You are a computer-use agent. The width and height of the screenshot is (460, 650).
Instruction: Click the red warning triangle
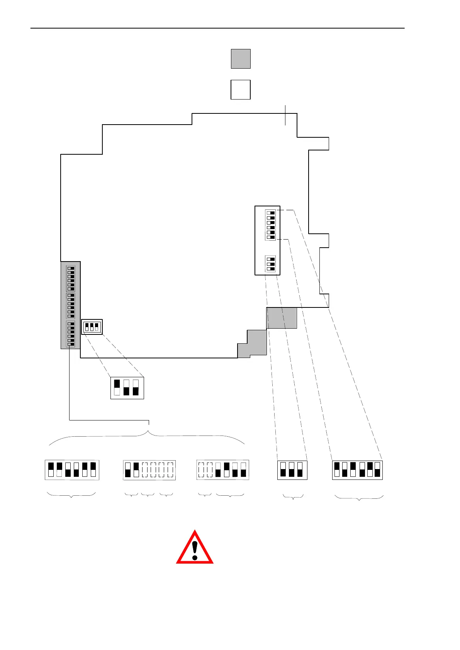tap(195, 548)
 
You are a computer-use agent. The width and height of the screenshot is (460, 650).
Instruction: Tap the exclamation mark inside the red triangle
tap(195, 550)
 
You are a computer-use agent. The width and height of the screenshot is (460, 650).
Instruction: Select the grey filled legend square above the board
tap(241, 59)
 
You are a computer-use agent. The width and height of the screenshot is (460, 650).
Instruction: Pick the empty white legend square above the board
tap(241, 89)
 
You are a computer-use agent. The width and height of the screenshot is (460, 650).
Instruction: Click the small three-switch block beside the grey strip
tap(92, 327)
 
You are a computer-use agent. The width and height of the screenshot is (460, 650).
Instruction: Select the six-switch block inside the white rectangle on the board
tap(270, 225)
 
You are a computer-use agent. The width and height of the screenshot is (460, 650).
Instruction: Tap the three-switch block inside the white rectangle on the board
tap(270, 264)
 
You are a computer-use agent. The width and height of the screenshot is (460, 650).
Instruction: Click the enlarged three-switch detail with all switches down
tap(292, 470)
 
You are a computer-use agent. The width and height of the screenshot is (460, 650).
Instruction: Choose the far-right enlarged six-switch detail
tap(357, 470)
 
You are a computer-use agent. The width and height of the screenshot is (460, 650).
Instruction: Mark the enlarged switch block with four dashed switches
tap(149, 470)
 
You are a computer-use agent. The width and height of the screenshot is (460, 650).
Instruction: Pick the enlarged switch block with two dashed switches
tap(222, 470)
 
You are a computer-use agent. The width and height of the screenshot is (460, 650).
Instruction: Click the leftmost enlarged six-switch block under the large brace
tap(72, 470)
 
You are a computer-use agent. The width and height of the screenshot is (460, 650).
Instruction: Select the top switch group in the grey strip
tap(71, 278)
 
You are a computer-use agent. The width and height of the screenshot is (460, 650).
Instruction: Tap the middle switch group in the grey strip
tap(71, 306)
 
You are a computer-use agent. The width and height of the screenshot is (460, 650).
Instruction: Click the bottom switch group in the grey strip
tap(71, 334)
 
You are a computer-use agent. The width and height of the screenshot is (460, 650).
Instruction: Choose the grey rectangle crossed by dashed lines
tap(282, 318)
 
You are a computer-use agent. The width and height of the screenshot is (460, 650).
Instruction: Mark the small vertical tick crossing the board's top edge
tap(285, 115)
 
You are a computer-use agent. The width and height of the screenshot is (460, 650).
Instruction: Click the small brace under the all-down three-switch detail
tap(293, 497)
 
